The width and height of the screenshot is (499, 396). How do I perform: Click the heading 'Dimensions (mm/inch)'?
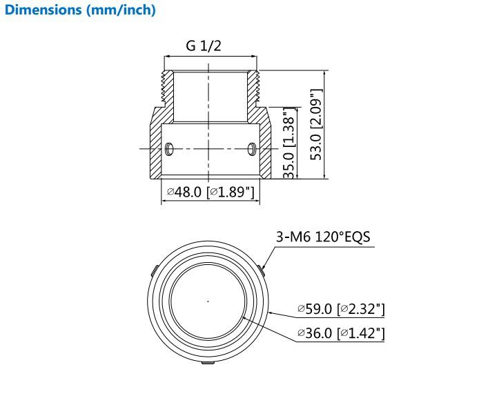point(80,10)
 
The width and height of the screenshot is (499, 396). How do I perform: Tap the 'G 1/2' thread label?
point(204,46)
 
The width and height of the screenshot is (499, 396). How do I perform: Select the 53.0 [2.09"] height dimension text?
point(316,124)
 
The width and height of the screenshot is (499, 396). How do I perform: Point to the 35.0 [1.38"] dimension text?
point(289,143)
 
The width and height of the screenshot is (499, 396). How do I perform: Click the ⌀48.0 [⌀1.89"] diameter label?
point(211,192)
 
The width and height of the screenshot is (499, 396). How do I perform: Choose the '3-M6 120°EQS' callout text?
point(323,237)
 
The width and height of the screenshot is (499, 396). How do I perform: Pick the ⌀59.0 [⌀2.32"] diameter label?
point(341,308)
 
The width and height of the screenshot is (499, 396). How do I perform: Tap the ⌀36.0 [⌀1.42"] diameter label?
point(341,333)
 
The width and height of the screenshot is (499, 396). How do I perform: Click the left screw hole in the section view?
point(169,149)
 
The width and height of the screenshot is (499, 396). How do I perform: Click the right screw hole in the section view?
point(252,149)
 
